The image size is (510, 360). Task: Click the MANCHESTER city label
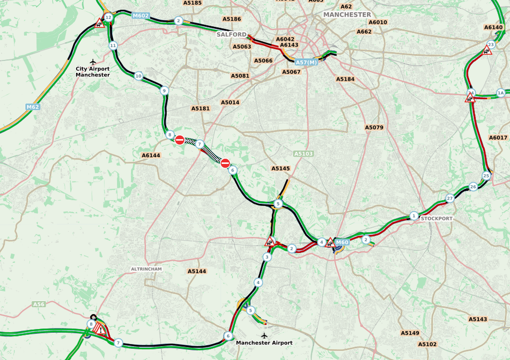tap(347, 15)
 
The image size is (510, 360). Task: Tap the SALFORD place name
tap(232, 34)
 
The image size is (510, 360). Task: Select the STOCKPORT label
tap(437, 218)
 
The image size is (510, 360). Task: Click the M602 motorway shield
tap(141, 16)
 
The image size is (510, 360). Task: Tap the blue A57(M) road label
tap(306, 62)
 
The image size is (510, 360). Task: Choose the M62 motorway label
tap(33, 107)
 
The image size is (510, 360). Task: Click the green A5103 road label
tap(303, 154)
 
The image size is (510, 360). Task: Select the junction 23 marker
tap(491, 45)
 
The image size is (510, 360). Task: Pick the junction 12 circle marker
tap(108, 18)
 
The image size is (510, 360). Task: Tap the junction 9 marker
tap(164, 91)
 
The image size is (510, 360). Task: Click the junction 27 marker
tap(450, 198)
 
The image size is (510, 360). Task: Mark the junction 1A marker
tap(501, 93)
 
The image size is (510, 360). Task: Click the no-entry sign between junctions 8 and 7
tap(180, 140)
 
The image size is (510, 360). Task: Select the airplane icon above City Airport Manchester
tap(93, 62)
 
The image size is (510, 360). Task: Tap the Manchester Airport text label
tap(264, 343)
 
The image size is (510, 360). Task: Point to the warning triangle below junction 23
tap(487, 50)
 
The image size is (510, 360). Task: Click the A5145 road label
tap(280, 169)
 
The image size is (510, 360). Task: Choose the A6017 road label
tap(498, 138)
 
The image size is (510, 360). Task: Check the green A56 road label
tap(39, 304)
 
